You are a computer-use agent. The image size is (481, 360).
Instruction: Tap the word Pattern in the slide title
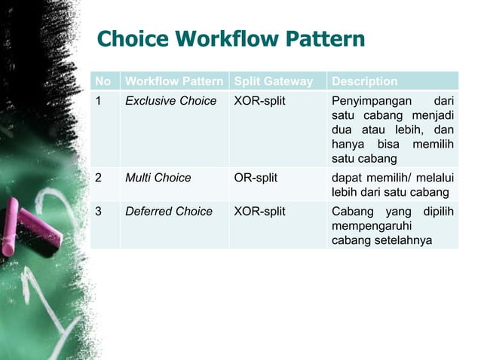pyautogui.click(x=327, y=39)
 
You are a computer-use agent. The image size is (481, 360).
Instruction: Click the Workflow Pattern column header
pyautogui.click(x=174, y=81)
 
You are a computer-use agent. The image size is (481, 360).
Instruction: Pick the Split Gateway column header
pyautogui.click(x=276, y=81)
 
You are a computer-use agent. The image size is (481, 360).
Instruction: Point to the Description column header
pyautogui.click(x=364, y=81)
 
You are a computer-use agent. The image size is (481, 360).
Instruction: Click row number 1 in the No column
pyautogui.click(x=98, y=101)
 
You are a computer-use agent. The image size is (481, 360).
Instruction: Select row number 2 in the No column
pyautogui.click(x=99, y=178)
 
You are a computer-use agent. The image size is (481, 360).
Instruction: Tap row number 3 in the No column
pyautogui.click(x=99, y=212)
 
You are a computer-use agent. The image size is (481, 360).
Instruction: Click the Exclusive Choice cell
pyautogui.click(x=170, y=101)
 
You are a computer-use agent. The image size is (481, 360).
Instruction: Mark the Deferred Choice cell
pyautogui.click(x=169, y=212)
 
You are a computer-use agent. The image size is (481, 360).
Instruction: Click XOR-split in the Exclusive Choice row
pyautogui.click(x=259, y=101)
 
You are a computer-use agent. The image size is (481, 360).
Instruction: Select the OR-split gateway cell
pyautogui.click(x=256, y=178)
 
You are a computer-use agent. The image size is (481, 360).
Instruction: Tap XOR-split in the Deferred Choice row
pyautogui.click(x=259, y=212)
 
